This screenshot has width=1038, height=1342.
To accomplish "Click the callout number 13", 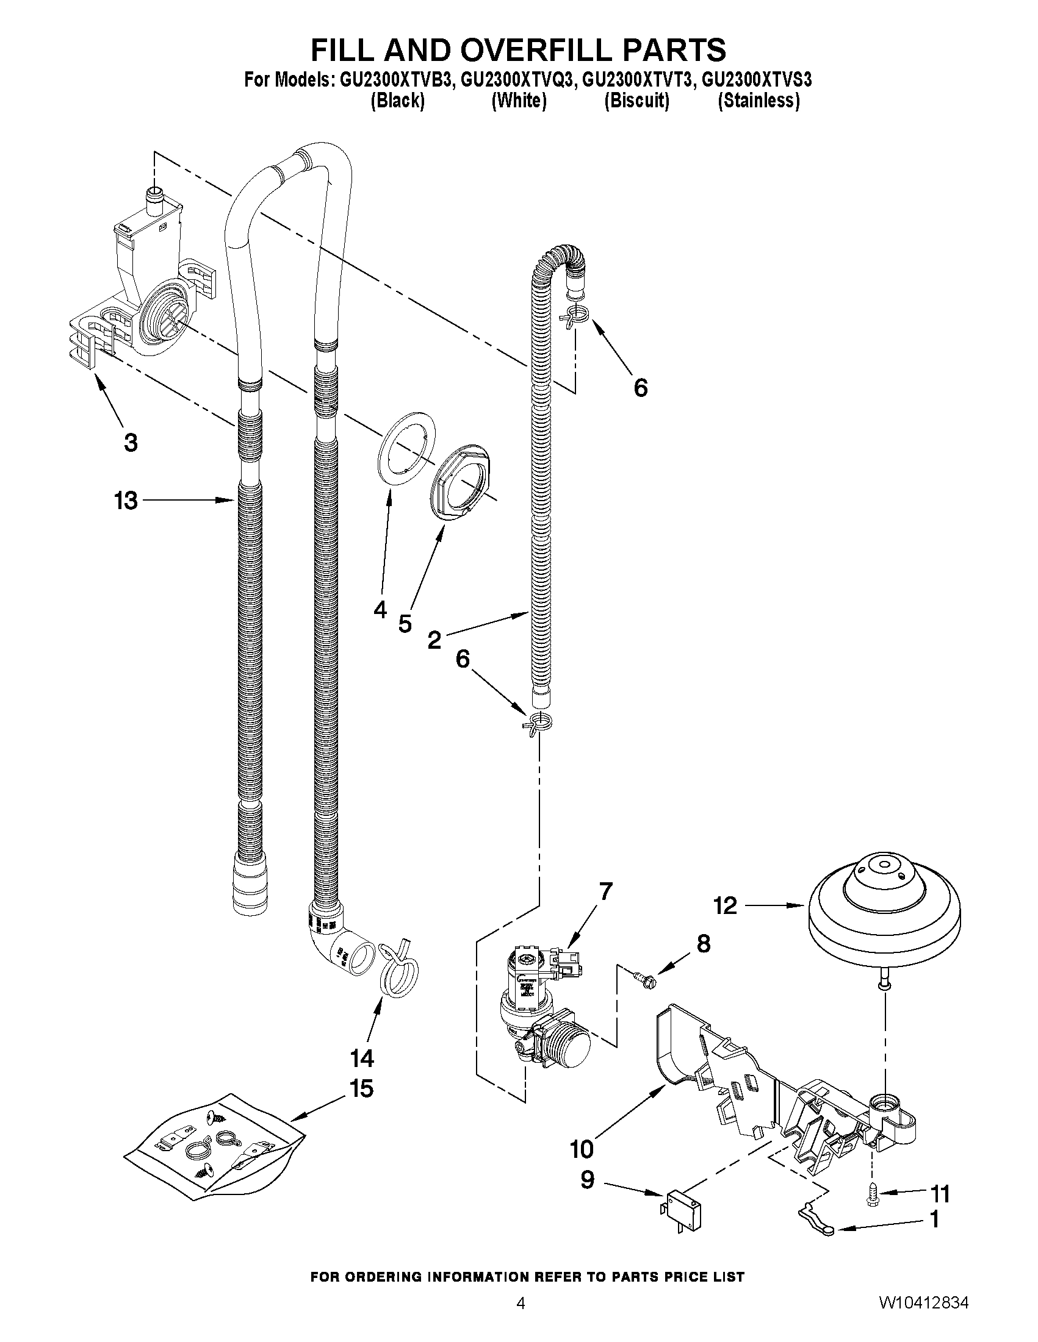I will (126, 501).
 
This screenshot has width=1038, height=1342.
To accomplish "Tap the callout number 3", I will (131, 442).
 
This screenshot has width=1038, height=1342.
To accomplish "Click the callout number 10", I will (582, 1149).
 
